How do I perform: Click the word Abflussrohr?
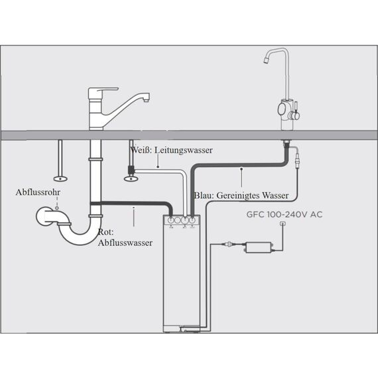coord(38,192)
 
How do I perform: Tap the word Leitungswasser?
coord(184,150)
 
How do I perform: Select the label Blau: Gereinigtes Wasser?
coord(241,196)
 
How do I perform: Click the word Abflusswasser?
coord(125,243)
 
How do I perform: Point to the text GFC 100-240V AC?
coord(284,214)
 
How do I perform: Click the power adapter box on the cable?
coord(259,247)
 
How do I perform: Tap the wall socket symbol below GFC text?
coord(283,224)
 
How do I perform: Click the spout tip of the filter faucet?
coord(266,60)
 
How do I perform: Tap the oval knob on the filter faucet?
coord(282,109)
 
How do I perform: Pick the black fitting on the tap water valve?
coord(131,170)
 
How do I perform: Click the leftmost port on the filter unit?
coord(171,220)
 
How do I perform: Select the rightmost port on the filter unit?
coord(192,220)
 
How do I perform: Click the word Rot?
coord(105,232)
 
